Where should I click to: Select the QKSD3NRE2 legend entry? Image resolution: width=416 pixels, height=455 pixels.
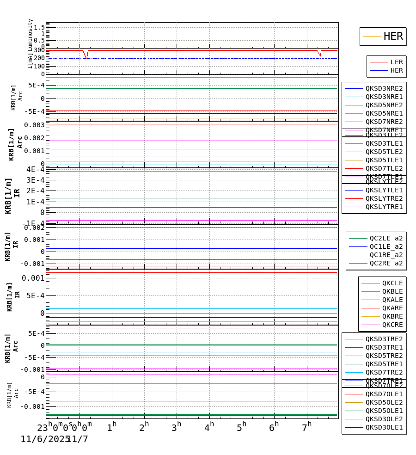coord(384,88)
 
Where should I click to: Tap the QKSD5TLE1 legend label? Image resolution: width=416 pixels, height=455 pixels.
coord(384,160)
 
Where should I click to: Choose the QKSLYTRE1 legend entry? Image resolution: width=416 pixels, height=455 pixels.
coord(384,207)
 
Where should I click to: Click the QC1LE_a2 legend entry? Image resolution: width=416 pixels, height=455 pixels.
coord(386,246)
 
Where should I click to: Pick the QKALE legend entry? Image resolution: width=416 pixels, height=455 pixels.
coord(392,300)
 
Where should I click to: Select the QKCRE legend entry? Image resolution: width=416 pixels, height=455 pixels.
coord(392,325)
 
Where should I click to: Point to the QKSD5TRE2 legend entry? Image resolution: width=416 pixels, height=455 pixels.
coord(384,356)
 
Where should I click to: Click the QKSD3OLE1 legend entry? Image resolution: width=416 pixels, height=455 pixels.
coord(384,427)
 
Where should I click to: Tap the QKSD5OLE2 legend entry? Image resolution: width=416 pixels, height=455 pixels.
coord(384,402)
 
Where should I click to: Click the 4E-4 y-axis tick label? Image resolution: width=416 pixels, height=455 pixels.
coord(35,169)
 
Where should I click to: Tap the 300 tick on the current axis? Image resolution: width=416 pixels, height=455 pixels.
coord(39,50)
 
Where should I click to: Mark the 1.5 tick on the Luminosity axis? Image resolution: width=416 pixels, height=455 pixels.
coord(39,27)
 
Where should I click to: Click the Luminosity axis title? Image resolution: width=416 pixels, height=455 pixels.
coord(31,35)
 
